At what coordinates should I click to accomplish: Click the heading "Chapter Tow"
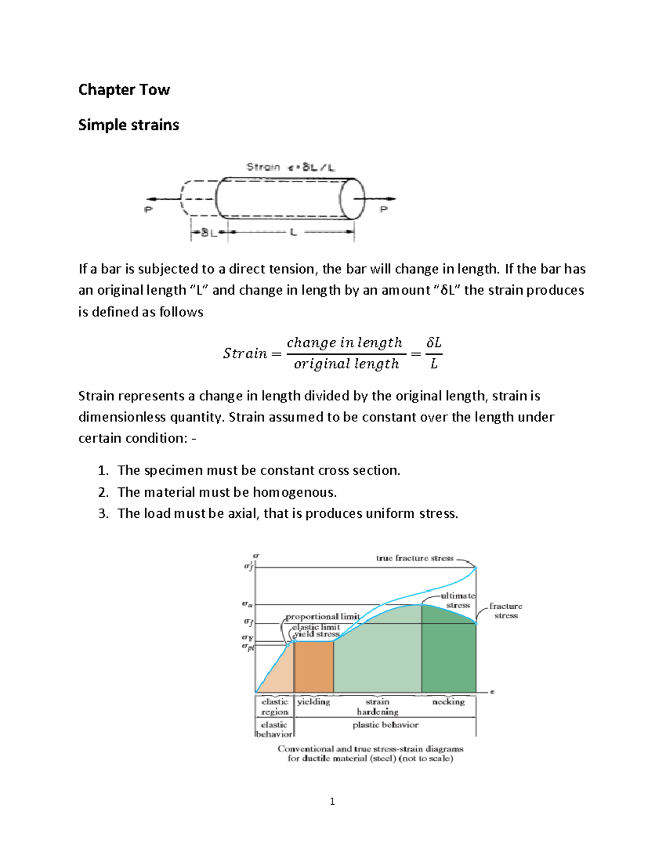pos(124,90)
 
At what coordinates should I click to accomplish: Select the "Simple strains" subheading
pos(128,125)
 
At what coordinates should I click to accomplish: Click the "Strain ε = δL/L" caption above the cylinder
pos(290,167)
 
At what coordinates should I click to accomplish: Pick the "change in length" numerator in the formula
pos(344,343)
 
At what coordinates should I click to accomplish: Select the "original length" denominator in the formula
pos(346,364)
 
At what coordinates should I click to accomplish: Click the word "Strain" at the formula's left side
pos(245,354)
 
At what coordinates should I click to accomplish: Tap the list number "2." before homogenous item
pos(103,492)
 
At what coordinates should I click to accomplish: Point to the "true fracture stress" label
pos(415,558)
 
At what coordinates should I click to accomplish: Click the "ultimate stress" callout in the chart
pos(458,601)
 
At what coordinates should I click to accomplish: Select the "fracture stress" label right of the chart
pos(506,611)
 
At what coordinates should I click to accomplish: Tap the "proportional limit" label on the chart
pos(322,617)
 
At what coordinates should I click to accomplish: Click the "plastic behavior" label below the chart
pos(385,725)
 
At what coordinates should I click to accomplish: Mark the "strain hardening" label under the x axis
pos(377,707)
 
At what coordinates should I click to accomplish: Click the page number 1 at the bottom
pos(332,801)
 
